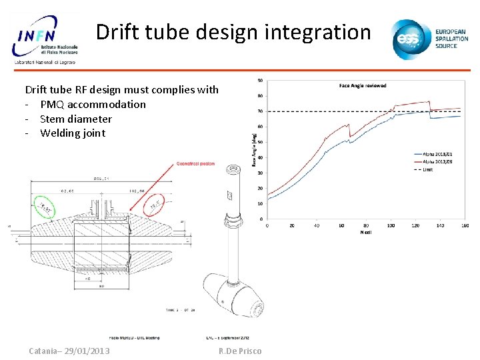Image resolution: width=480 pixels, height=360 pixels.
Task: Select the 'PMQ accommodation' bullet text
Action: pos(93,104)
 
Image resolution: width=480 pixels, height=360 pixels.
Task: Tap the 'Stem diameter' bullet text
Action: pos(75,119)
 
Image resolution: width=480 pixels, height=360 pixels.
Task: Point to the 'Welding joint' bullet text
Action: pos(73,133)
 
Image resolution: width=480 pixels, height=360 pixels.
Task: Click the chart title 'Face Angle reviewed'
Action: pos(363,86)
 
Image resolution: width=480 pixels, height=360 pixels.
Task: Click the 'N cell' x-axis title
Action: pos(366,233)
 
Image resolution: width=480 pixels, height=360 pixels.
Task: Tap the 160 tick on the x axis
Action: pos(465,225)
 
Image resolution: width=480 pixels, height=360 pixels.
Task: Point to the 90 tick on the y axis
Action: pos(259,80)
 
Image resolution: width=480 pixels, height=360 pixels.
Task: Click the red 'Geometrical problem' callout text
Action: pos(196,164)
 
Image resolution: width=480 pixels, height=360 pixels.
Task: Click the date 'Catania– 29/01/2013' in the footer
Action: pos(69,351)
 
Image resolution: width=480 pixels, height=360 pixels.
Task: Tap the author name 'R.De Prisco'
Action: pos(240,351)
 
